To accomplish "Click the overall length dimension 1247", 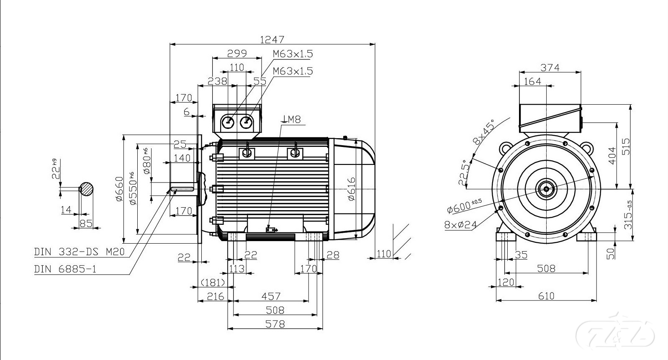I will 272,40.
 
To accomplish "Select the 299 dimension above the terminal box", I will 237,54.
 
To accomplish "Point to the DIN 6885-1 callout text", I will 65,269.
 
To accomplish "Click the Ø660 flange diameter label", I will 119,189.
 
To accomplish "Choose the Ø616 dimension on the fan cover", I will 351,188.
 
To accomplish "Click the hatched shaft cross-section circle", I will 87,189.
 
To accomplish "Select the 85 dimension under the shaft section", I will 86,224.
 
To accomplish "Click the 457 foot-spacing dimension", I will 271,296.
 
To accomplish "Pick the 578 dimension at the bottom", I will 275,324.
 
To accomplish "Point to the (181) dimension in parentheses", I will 213,283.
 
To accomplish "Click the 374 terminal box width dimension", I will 550,67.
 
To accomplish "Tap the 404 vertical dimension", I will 612,155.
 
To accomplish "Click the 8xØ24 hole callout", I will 460,225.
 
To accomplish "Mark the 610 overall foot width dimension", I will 546,296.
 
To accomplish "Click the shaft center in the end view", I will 546,189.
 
